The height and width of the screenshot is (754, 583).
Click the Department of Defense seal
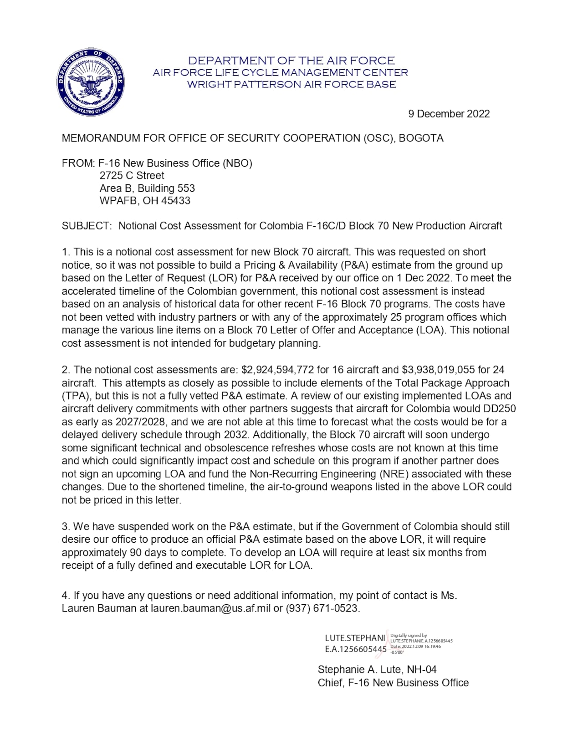90,82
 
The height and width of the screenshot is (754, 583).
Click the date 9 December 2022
449,114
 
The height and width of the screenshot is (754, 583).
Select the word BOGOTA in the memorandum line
421,138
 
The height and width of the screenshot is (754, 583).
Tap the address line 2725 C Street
132,176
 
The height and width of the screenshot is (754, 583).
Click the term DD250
501,409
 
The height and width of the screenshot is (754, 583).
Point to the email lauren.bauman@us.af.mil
210,609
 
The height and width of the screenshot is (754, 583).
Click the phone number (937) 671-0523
322,609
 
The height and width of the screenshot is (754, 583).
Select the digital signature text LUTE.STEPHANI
355,638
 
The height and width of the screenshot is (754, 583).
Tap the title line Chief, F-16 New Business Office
393,683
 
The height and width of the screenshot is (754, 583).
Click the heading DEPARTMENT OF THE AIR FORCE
291,61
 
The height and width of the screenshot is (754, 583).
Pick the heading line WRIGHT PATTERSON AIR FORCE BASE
291,85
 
